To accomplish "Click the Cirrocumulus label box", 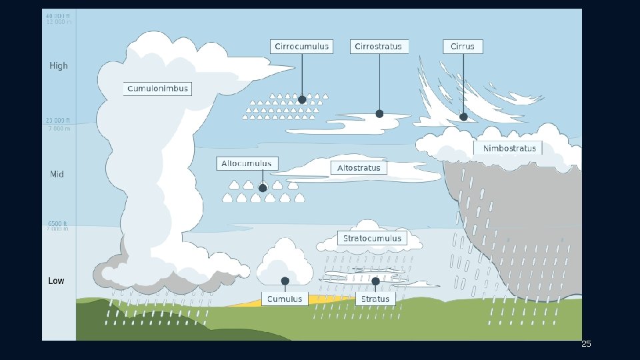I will (302, 47).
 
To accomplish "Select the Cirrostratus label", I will (379, 47).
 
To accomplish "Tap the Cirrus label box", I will (463, 47).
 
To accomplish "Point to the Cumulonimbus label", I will (158, 89).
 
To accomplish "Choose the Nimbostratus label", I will (509, 148).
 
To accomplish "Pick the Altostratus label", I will (359, 168).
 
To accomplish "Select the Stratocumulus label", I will (372, 238).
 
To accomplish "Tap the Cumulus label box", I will (285, 299).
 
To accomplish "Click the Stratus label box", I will (375, 299).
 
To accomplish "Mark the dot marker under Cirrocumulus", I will (302, 99).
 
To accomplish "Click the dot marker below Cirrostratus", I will (379, 114).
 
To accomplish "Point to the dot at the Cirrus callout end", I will (463, 117).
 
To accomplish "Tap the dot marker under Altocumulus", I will (263, 188).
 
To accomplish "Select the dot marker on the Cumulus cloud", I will (285, 281).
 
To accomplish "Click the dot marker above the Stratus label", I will (375, 281).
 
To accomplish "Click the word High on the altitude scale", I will (59, 66).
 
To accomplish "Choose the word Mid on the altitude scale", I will (57, 174).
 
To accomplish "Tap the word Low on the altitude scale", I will (57, 281).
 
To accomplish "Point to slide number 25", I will (586, 344).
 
